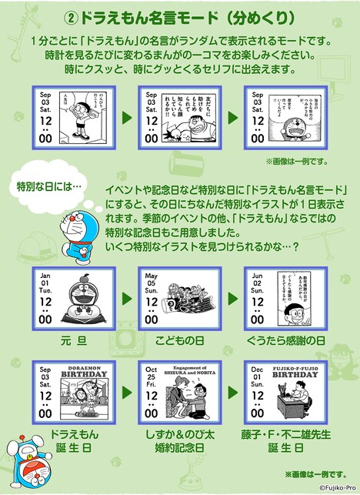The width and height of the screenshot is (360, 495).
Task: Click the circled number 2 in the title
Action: pos(83,15)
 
